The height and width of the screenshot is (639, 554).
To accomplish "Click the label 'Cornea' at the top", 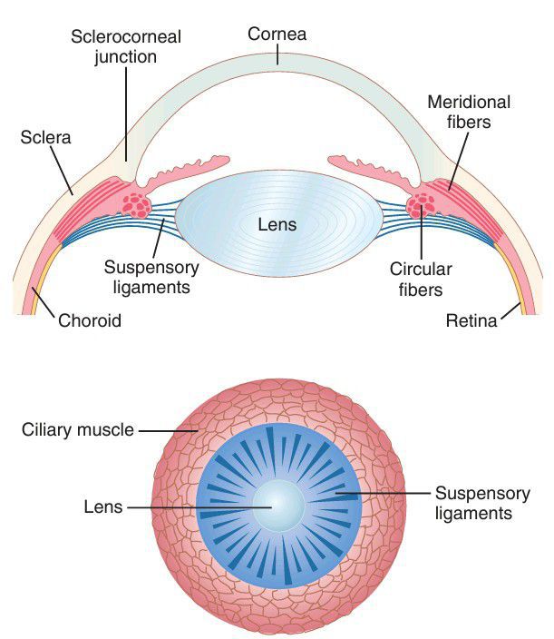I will coord(277,34).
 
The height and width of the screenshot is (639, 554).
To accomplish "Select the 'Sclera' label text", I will coord(42,139).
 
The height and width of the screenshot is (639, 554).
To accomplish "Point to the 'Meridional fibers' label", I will coord(469,111).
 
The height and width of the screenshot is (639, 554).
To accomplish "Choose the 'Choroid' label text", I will coord(89,320).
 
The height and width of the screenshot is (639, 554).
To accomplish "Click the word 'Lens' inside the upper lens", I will coord(277,222).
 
